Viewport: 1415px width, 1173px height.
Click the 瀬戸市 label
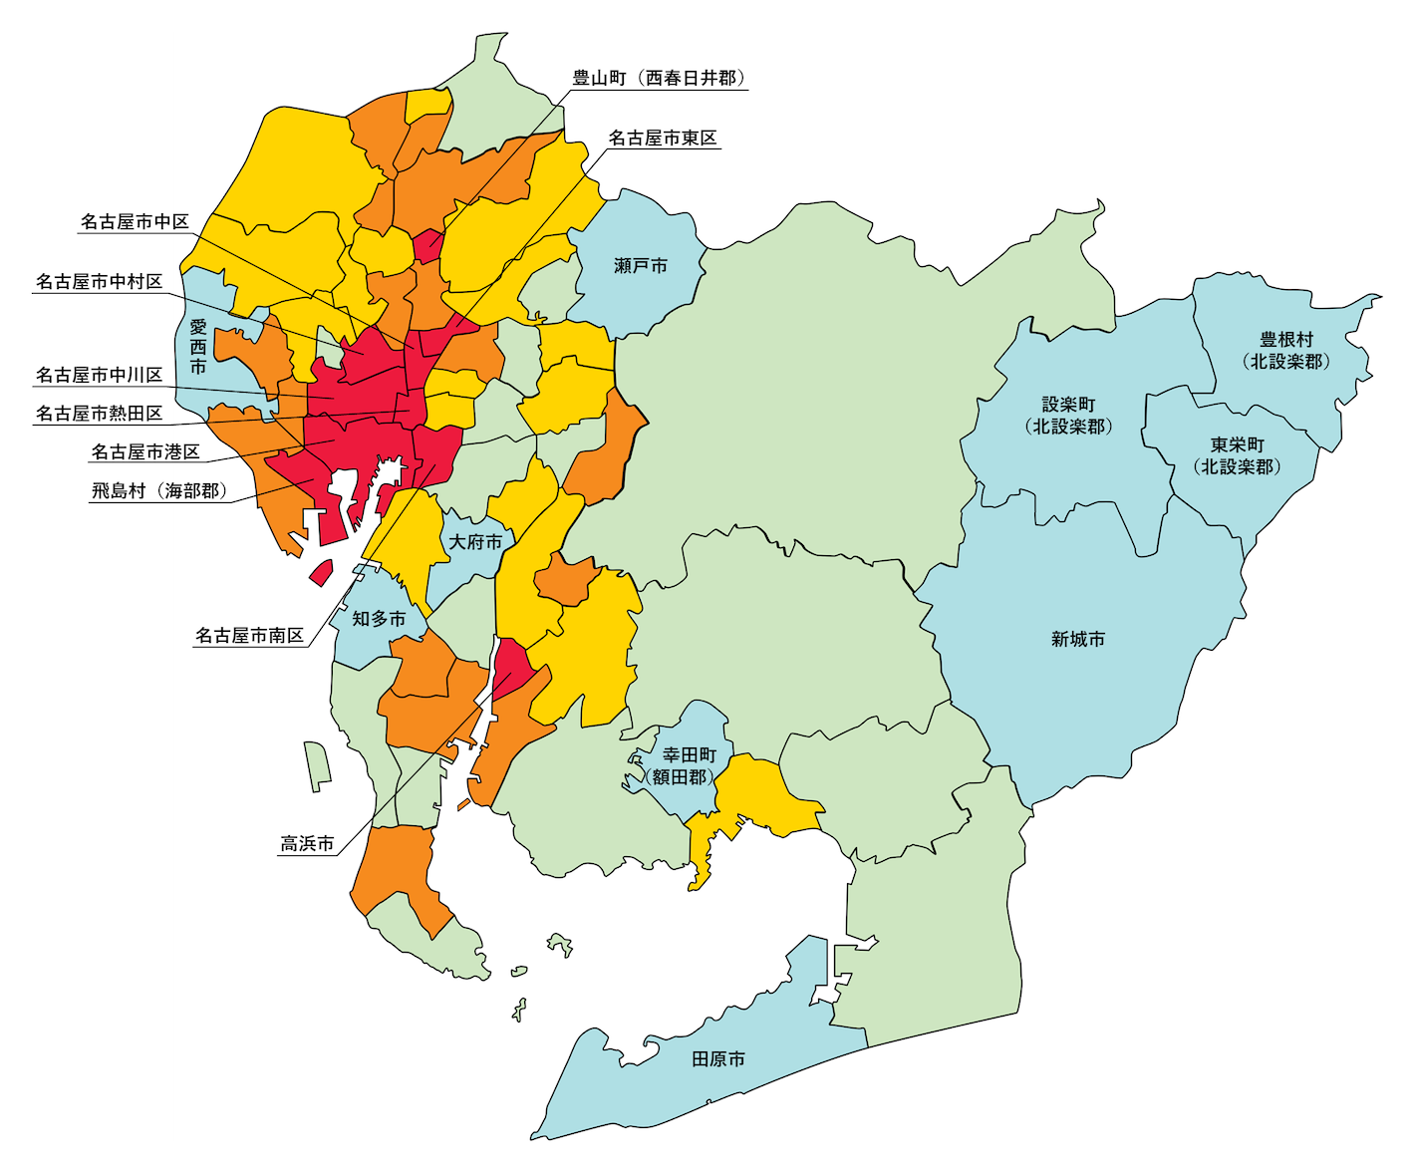641,266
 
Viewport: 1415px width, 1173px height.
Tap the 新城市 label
1077,640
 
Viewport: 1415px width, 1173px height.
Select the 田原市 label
718,1059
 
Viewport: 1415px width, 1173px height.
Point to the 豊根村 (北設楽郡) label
1285,351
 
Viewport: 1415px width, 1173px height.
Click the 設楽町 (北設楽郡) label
1068,416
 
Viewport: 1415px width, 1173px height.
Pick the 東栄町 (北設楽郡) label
1237,455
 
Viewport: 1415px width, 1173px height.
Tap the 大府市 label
475,542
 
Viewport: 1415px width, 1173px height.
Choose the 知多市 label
379,619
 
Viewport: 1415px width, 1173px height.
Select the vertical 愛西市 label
198,347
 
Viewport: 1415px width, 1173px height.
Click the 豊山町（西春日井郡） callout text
659,78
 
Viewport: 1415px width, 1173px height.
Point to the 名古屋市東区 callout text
663,138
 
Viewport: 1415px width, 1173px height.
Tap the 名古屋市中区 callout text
135,221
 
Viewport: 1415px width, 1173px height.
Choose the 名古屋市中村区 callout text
99,282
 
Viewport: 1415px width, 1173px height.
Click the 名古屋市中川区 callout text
99,375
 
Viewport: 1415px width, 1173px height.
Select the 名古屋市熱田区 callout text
99,413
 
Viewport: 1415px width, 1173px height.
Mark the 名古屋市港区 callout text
145,451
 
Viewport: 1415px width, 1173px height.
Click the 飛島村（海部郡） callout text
160,490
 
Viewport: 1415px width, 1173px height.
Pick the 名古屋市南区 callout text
249,635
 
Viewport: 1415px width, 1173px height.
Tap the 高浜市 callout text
307,844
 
